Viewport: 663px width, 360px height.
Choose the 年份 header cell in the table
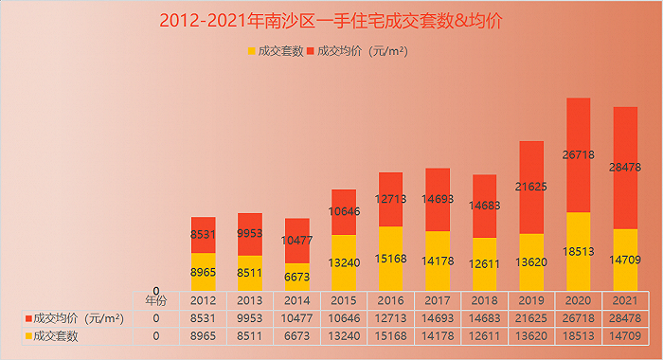click(155, 300)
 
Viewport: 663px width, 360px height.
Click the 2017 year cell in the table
click(437, 300)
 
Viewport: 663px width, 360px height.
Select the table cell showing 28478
click(625, 318)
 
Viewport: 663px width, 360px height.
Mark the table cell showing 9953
click(249, 318)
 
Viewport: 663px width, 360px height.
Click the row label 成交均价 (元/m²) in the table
click(80, 318)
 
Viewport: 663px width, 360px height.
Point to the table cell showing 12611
click(484, 336)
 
